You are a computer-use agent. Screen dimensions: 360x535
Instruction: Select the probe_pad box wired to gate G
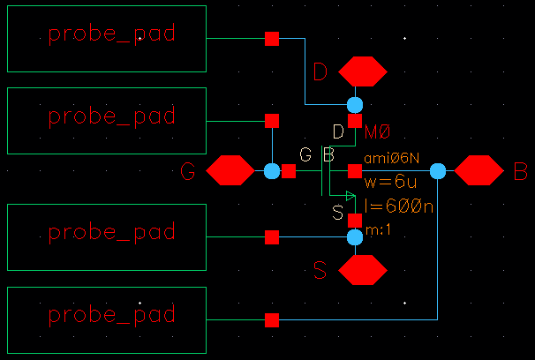click(x=106, y=115)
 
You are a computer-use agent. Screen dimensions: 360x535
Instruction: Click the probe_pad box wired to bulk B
click(x=106, y=315)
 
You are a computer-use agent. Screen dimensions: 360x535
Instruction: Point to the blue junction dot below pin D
click(x=355, y=105)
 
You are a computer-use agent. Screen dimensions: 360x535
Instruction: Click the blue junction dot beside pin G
click(x=272, y=170)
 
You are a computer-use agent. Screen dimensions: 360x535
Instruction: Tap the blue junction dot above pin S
click(x=355, y=236)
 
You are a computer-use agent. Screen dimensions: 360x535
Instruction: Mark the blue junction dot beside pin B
click(x=438, y=170)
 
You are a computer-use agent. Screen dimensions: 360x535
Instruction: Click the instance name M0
click(x=377, y=132)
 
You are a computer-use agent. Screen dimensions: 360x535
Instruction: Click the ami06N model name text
click(x=390, y=156)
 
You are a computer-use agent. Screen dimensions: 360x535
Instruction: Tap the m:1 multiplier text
click(x=377, y=229)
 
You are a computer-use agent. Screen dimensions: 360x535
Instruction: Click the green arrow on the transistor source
click(x=350, y=196)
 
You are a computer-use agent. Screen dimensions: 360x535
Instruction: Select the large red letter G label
click(x=187, y=171)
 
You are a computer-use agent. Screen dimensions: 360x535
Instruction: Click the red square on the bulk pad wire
click(x=272, y=319)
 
